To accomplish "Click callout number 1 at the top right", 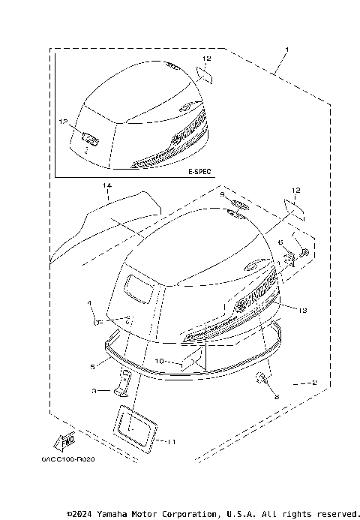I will click(x=286, y=50).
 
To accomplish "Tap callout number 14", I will click(x=106, y=185).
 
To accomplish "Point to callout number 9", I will click(x=223, y=194).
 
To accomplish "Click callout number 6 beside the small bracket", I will click(x=280, y=243).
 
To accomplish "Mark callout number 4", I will click(x=88, y=303).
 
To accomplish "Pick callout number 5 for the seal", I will click(x=92, y=366).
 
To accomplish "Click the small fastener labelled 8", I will click(x=263, y=379).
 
